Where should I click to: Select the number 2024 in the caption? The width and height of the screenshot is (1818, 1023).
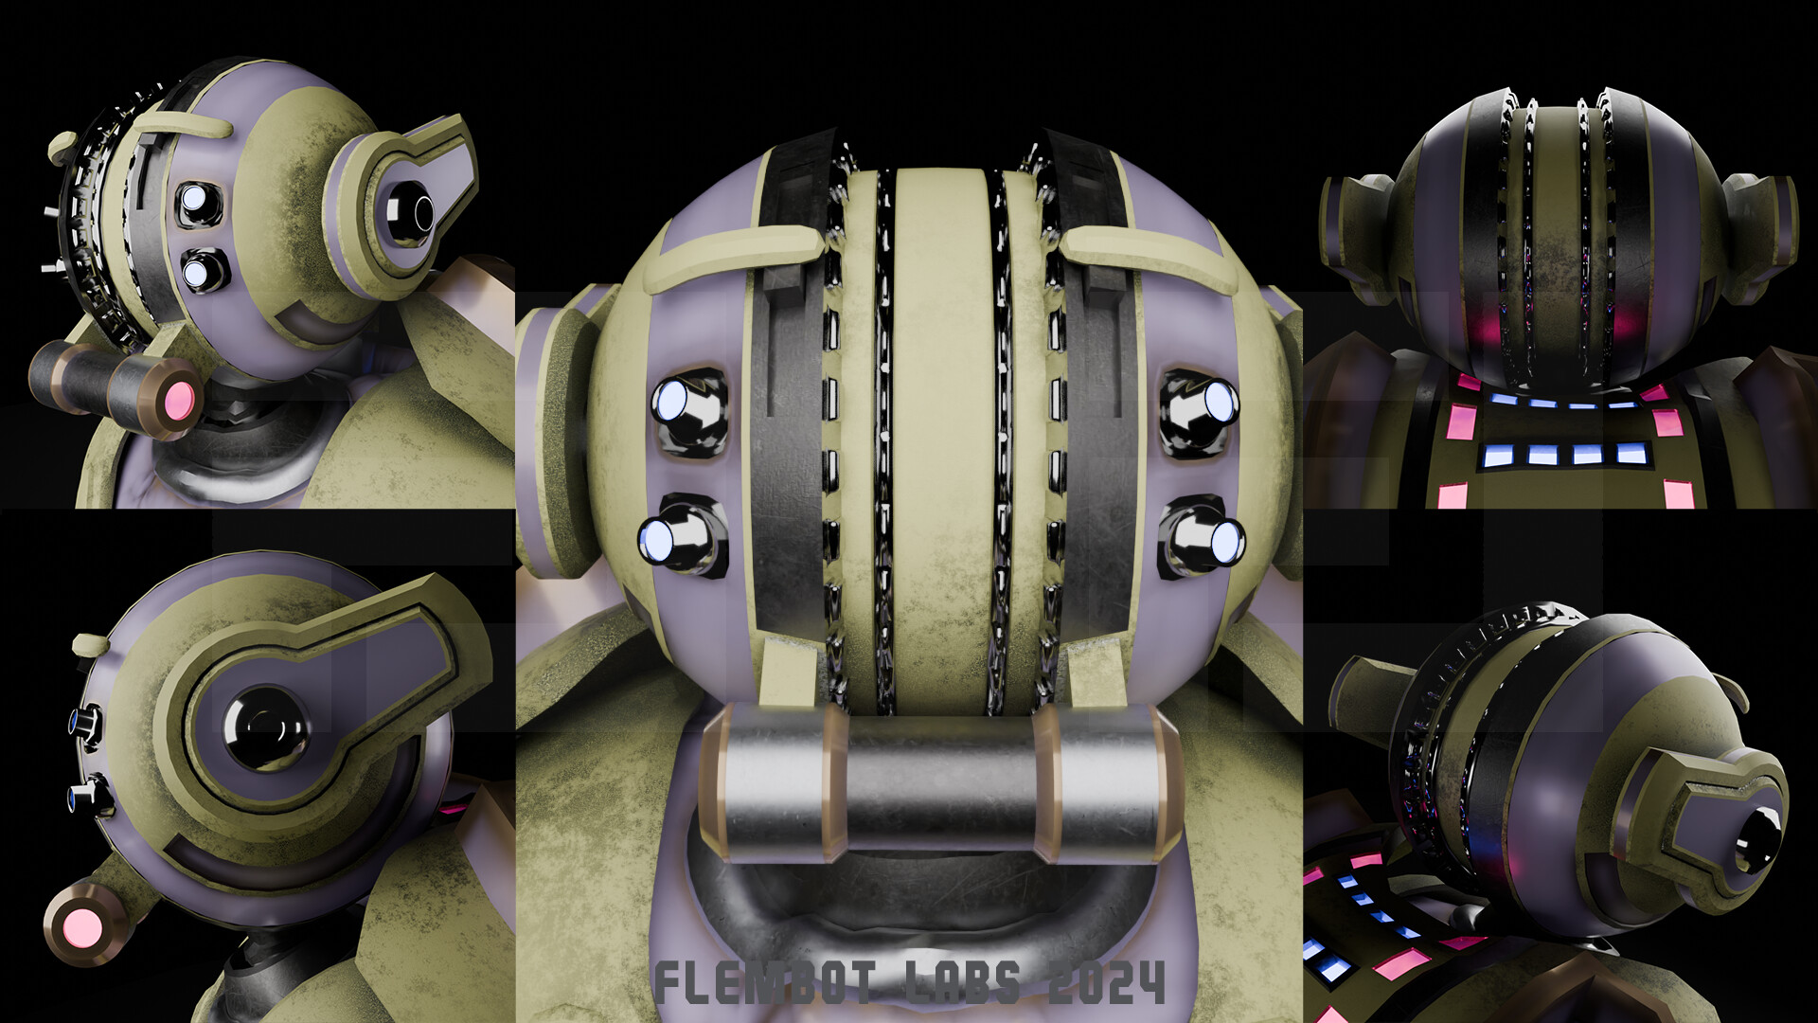[1106, 982]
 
